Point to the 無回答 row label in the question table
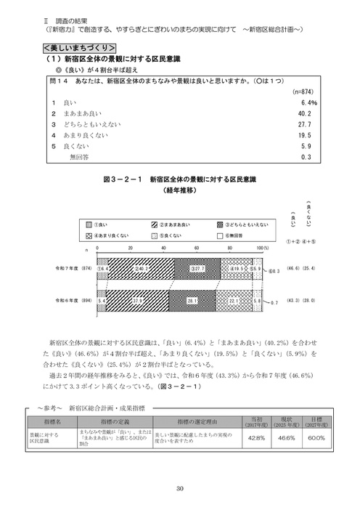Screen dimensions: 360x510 [x=77, y=155]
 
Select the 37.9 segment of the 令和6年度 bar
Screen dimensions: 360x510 [x=137, y=299]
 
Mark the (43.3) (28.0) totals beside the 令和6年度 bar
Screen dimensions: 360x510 [x=305, y=299]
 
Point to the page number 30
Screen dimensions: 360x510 [x=179, y=487]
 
